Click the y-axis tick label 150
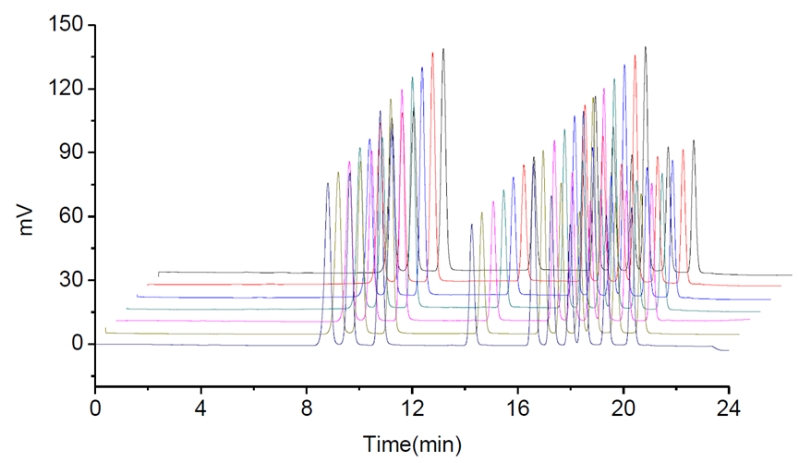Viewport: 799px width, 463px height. point(67,24)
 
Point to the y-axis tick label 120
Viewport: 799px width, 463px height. point(67,88)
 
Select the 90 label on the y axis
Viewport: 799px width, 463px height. point(72,152)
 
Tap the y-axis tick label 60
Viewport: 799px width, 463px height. point(72,215)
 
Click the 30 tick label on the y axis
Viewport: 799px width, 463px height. point(72,279)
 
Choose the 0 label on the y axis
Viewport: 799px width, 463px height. point(77,344)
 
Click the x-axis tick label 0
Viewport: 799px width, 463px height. point(94,408)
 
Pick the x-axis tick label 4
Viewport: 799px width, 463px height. point(200,408)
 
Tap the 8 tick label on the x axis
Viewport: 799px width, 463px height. point(306,408)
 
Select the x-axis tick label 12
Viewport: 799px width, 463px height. point(412,408)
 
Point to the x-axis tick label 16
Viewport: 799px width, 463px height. point(517,408)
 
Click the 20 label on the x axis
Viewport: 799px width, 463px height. point(623,408)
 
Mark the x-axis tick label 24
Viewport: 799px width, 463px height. point(729,408)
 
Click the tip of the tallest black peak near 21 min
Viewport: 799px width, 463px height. point(645,47)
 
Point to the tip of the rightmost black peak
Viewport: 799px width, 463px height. point(694,140)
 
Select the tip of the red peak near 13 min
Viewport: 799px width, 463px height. point(432,53)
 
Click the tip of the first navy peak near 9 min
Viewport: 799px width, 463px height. point(327,183)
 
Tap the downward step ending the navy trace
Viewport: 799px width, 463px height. point(716,348)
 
